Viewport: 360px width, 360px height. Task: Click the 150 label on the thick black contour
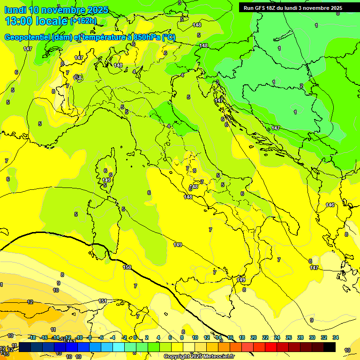click(127, 267)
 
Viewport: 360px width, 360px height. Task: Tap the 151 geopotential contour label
click(103, 301)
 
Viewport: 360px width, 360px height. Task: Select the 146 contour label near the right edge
click(330, 205)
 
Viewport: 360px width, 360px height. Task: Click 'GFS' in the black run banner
click(263, 8)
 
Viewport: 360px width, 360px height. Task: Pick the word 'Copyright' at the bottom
click(176, 357)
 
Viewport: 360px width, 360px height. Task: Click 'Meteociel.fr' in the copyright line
click(219, 357)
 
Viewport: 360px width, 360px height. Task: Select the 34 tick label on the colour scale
click(335, 337)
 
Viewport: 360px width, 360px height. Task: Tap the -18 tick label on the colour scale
click(32, 337)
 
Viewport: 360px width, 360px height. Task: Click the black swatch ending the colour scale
click(329, 347)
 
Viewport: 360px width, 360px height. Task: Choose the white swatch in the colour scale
click(188, 347)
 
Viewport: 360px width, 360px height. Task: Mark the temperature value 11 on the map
click(53, 330)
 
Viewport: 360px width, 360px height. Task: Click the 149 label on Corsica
click(106, 180)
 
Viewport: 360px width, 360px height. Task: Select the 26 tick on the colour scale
click(288, 337)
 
